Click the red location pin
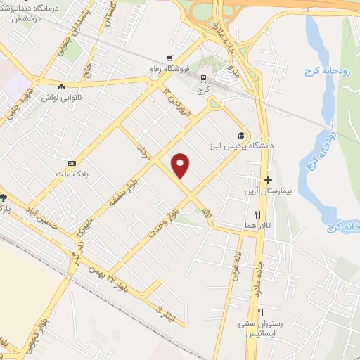181,165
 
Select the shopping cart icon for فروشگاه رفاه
168,58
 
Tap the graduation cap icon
241,136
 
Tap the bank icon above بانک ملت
71,162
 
